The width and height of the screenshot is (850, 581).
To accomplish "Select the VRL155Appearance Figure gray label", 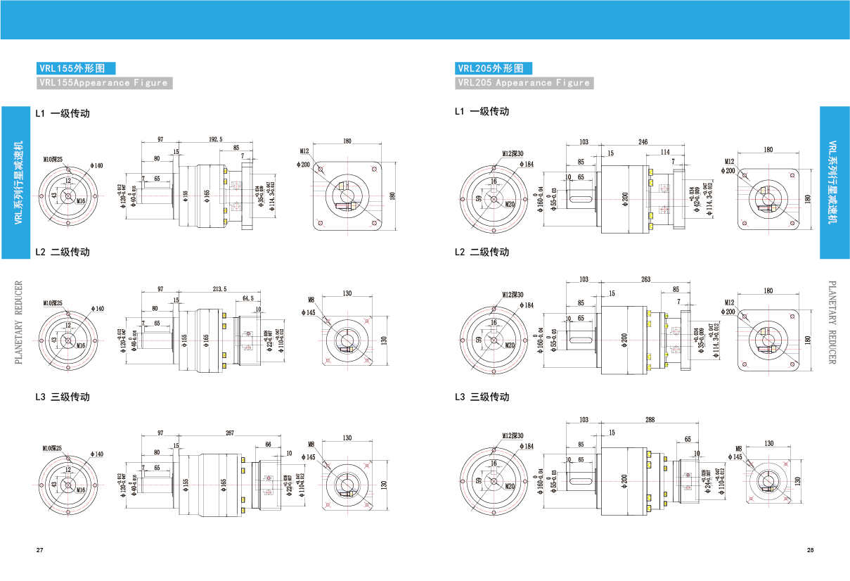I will point(104,83).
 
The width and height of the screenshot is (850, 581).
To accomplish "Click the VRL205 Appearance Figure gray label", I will point(524,83).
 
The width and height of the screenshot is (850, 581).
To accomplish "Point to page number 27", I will point(39,549).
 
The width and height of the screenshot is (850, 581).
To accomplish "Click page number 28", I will point(810,549).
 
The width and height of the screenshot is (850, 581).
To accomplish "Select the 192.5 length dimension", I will point(215,140).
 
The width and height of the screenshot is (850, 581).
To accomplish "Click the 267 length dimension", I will point(229,433).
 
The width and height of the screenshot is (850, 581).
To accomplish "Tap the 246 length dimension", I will point(643,142).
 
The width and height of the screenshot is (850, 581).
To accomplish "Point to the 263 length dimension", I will point(645,279).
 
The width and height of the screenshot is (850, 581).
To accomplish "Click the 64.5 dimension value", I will point(247,298).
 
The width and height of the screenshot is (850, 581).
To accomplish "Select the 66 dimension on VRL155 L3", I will point(268,444).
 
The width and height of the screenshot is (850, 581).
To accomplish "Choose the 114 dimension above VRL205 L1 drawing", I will point(665,152).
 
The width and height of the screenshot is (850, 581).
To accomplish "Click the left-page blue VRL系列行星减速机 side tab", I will point(19,182).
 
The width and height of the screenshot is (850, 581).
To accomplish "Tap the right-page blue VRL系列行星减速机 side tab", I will point(834,182).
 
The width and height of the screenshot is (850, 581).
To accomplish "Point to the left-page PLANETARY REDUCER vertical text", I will point(19,322).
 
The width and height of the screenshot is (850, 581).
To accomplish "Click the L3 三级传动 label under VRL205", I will point(482,397).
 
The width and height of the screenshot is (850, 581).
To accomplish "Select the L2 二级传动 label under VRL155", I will point(63,252).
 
